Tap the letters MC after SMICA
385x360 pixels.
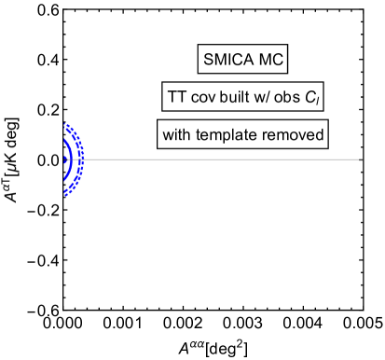pos(268,61)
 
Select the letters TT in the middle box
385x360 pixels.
pos(175,98)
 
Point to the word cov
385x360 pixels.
pos(203,98)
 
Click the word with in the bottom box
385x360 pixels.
pos(177,135)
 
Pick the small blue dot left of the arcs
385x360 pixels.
pos(63,159)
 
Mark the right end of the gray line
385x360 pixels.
pos(360,159)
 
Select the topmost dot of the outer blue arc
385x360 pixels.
pos(65,123)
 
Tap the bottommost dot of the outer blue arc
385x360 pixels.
pos(65,195)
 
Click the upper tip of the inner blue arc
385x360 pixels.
pos(64,141)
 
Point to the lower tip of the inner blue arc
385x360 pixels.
pos(64,178)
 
